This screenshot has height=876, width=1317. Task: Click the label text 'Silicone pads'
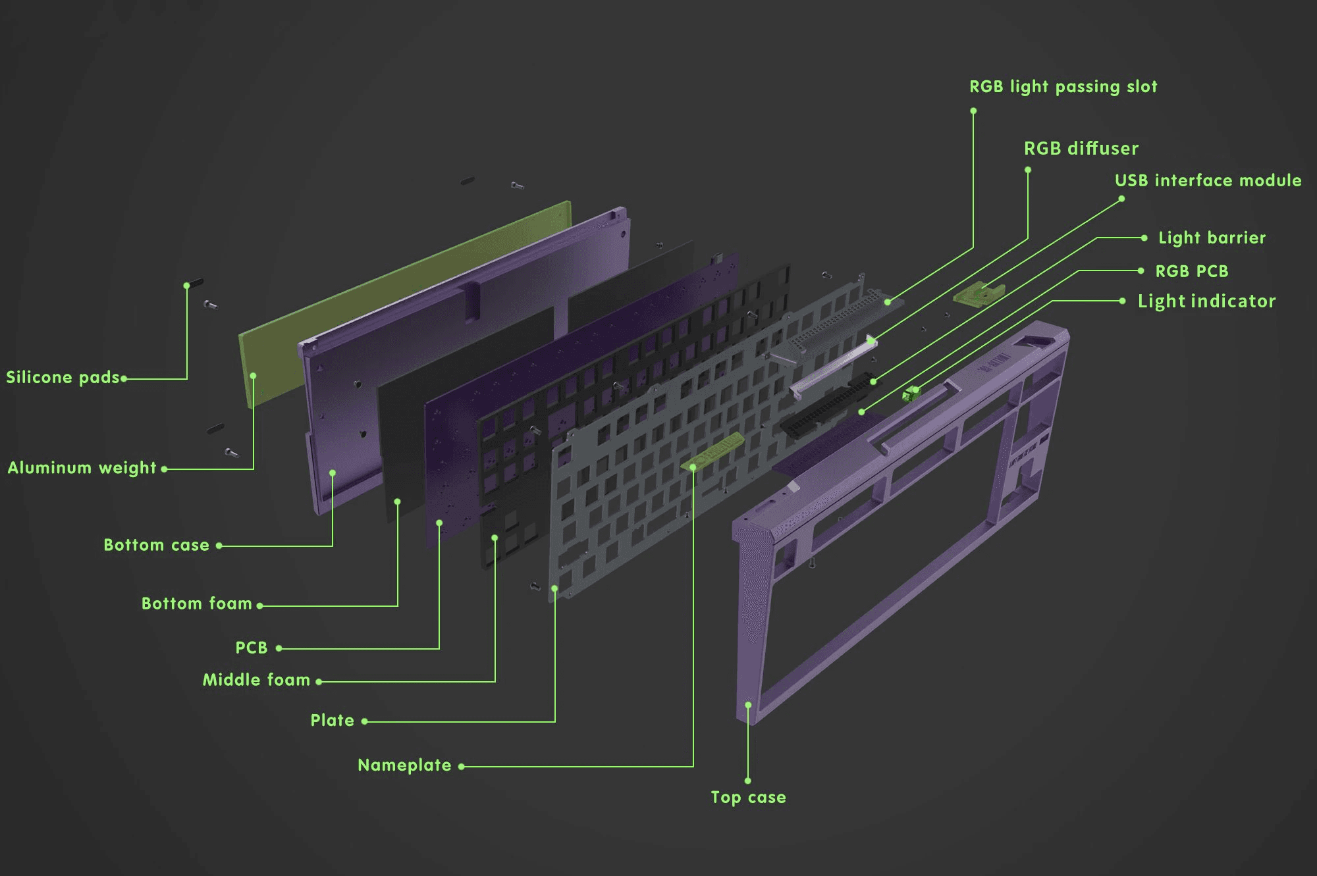click(63, 377)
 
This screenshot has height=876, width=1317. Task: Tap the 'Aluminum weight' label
click(82, 468)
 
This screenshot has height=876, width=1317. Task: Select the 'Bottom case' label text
click(156, 545)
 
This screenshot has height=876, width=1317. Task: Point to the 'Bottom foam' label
click(196, 604)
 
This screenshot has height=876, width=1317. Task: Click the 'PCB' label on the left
click(252, 648)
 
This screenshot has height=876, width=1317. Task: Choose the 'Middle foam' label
click(255, 680)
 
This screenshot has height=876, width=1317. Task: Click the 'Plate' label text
click(332, 721)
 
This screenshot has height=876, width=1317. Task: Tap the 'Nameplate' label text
click(404, 765)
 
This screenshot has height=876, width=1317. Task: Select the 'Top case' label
click(748, 798)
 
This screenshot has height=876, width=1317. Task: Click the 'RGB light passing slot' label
click(1063, 87)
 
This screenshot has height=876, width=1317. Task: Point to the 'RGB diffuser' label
click(1081, 149)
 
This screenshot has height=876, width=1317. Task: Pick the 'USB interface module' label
click(1208, 180)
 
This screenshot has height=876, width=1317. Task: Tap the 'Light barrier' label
click(1212, 238)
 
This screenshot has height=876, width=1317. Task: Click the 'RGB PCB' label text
click(1191, 271)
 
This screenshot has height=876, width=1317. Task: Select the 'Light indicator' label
click(1206, 301)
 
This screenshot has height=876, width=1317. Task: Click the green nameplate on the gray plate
click(714, 451)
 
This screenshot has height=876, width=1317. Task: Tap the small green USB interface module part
click(979, 294)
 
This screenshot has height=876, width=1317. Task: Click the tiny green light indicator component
click(911, 394)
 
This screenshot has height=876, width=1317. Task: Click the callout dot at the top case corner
click(748, 705)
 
